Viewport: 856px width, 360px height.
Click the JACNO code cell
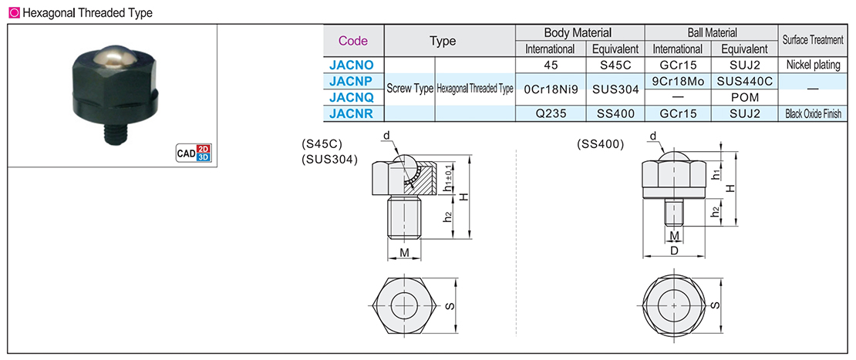pos(352,65)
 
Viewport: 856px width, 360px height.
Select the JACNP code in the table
pos(352,81)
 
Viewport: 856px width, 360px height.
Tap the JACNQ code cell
pos(352,98)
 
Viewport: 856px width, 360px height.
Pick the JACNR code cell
pos(352,113)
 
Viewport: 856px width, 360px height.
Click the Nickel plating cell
pos(814,65)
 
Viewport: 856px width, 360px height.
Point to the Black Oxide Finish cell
pos(814,114)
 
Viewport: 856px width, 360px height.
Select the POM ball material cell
pos(745,98)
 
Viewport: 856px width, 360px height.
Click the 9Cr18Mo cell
pos(678,81)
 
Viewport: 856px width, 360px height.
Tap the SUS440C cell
pos(745,81)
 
